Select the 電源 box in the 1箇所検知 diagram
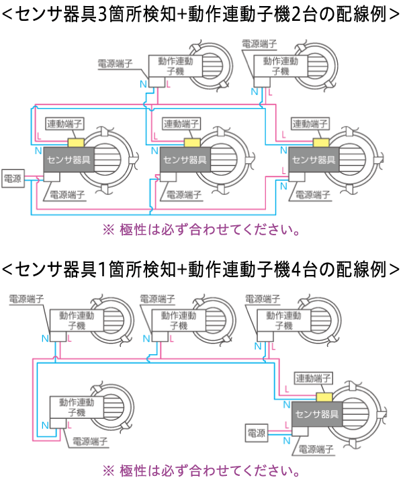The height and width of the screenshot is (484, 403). pyautogui.click(x=257, y=432)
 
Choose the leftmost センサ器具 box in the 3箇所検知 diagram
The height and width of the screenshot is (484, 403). pyautogui.click(x=68, y=160)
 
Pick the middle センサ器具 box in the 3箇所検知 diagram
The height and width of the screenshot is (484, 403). pyautogui.click(x=184, y=160)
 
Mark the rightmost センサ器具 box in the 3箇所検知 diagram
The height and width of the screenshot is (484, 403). pyautogui.click(x=312, y=160)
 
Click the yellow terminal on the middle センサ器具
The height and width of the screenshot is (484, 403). pyautogui.click(x=191, y=143)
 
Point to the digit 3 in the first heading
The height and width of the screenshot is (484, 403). pyautogui.click(x=101, y=14)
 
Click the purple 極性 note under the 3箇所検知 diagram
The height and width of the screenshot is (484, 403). pyautogui.click(x=201, y=229)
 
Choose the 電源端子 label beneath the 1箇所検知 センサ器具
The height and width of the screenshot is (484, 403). pyautogui.click(x=316, y=448)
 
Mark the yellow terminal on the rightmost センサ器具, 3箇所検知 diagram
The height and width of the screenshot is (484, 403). pyautogui.click(x=319, y=143)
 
